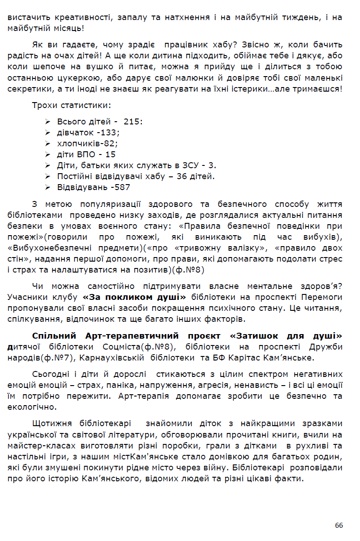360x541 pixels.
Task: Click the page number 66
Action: (x=339, y=525)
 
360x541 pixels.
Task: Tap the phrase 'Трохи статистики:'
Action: (x=71, y=105)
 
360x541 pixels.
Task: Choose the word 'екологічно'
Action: (x=31, y=407)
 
